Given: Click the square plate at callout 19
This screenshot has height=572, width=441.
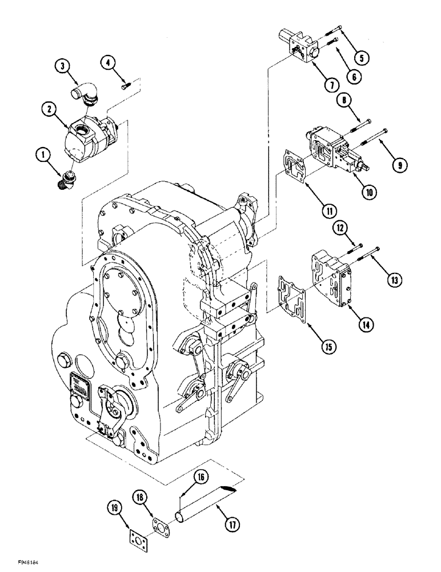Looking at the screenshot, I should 138,527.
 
